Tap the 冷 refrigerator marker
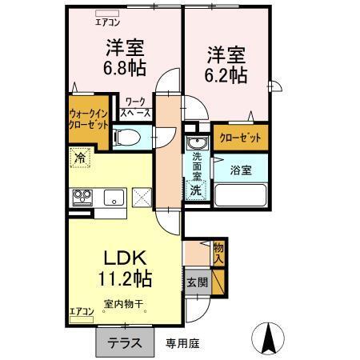[x=80, y=159]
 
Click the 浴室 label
[x=241, y=170]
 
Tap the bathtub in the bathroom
[x=240, y=194]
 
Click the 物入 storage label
[x=218, y=254]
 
